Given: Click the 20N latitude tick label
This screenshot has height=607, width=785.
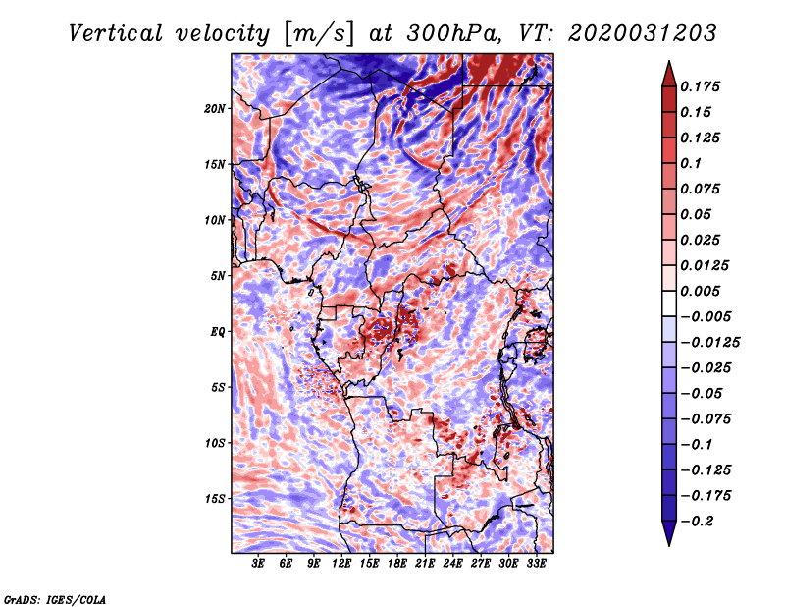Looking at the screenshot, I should point(215,108).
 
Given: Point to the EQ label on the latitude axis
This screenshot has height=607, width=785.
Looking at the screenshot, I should point(217,332).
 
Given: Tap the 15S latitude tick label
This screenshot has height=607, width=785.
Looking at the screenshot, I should point(215,499).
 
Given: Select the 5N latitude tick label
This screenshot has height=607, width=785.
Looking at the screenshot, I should point(218,276).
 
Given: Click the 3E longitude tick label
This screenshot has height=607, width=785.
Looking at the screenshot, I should point(259,564).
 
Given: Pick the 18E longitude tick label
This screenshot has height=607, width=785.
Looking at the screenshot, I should point(397,564).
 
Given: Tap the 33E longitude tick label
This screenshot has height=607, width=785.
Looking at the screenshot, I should point(536,564).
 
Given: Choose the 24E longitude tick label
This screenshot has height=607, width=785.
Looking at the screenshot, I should point(452,564).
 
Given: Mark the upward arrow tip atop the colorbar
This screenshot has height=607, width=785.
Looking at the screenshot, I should point(668,64).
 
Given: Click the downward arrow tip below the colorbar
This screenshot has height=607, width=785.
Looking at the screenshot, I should point(668,542).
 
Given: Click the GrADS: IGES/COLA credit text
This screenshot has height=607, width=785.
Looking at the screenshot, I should point(55,598).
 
